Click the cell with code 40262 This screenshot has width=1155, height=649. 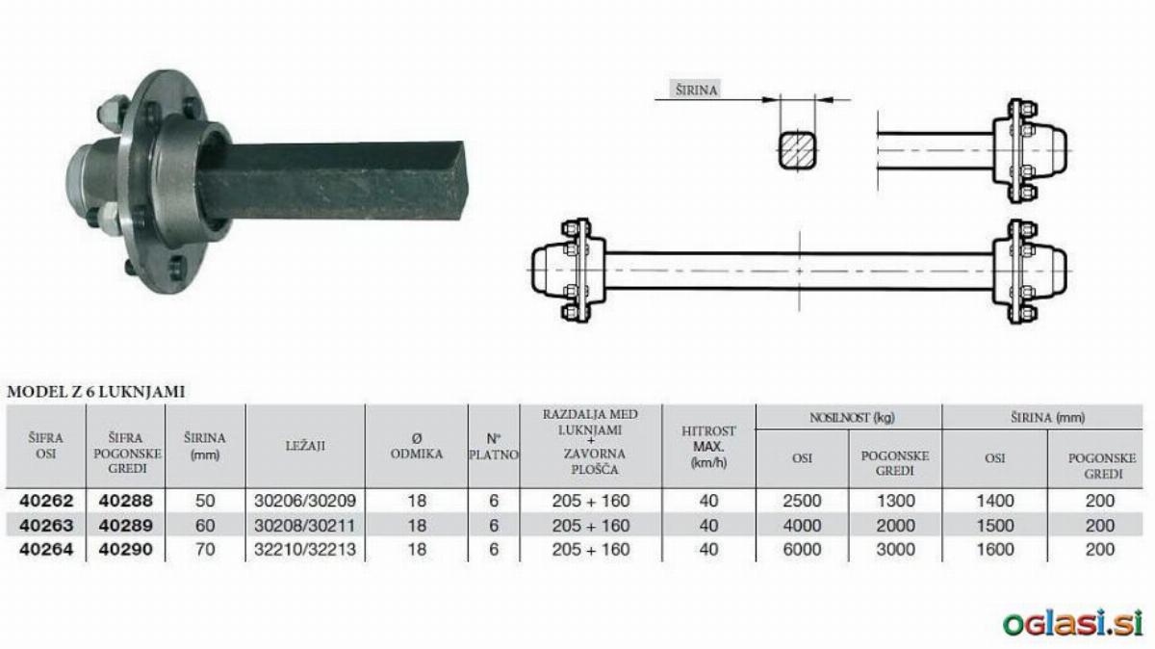(x=46, y=501)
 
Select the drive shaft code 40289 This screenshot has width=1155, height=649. (x=126, y=525)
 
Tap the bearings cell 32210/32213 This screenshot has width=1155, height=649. (x=305, y=550)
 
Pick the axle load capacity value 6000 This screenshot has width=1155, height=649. (x=802, y=550)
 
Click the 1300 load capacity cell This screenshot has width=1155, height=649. (x=896, y=501)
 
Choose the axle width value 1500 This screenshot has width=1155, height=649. (x=994, y=525)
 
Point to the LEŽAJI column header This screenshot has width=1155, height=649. (x=305, y=445)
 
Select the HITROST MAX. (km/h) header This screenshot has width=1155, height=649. (x=708, y=447)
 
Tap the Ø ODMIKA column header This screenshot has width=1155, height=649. (x=416, y=446)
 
